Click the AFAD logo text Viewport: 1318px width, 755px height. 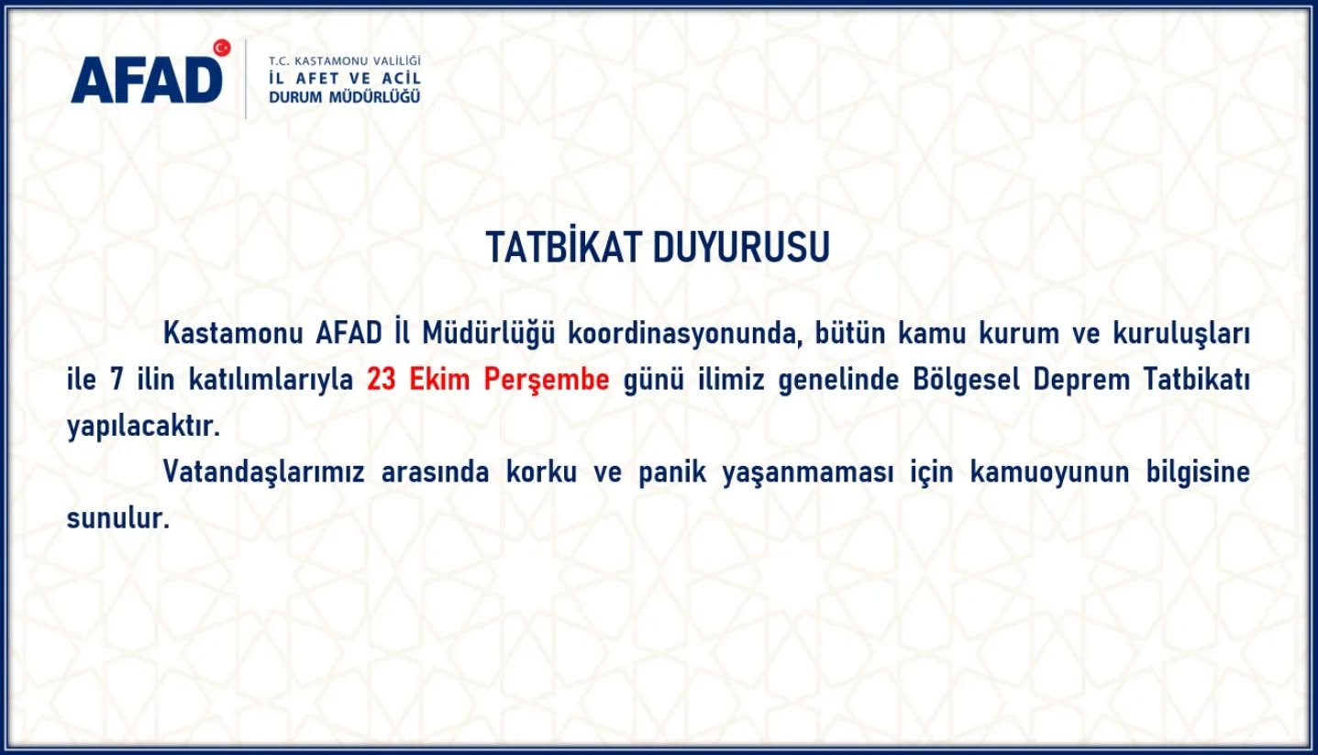pos(147,80)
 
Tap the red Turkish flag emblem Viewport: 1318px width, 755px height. pos(222,48)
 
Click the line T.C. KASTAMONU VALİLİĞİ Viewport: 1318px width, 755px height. pos(345,61)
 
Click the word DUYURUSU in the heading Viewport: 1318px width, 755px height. pos(741,247)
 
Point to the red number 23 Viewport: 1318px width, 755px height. pos(382,380)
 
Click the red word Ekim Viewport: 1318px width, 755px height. pos(439,380)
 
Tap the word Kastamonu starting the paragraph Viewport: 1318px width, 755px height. pos(232,334)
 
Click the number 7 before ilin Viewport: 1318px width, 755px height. pos(116,380)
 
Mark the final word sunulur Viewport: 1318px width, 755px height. pos(118,518)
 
